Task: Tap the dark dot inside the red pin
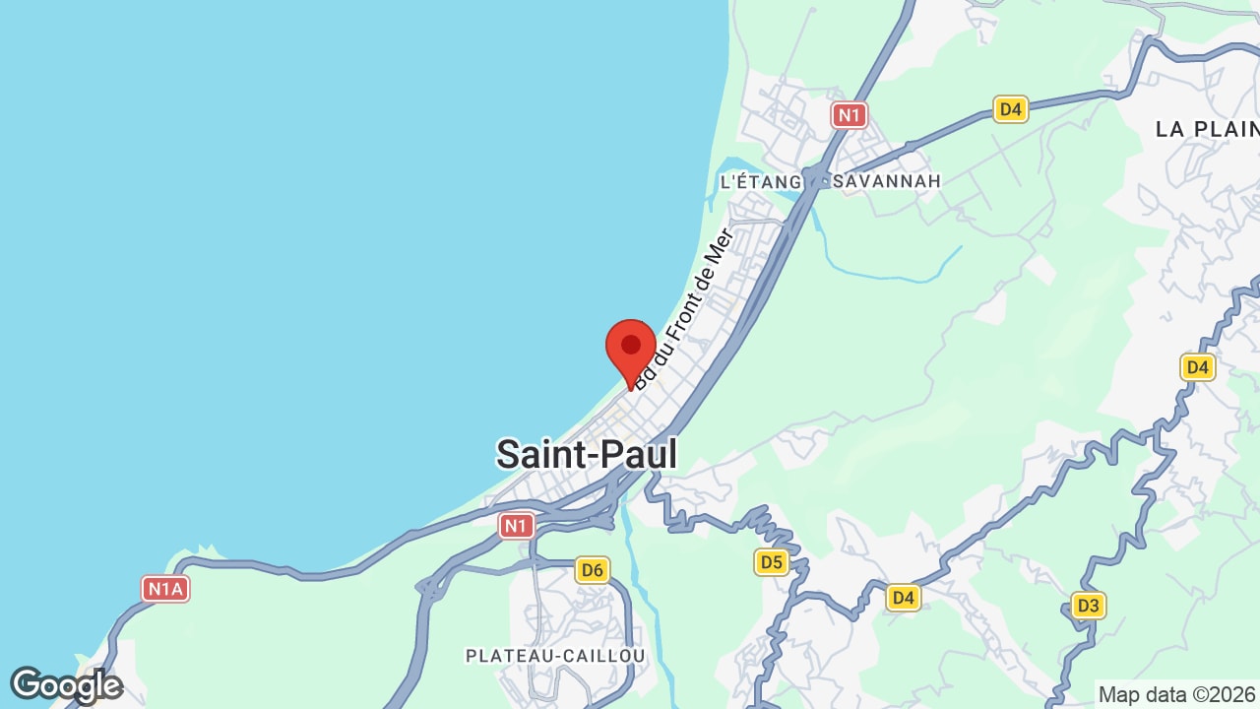click(x=631, y=345)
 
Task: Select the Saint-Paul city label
click(x=587, y=454)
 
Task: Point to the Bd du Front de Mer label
click(x=684, y=307)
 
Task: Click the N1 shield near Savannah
click(x=849, y=115)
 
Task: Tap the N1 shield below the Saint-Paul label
click(x=516, y=526)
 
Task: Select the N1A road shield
click(x=165, y=589)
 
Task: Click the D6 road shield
click(x=592, y=569)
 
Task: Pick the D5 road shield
click(x=772, y=562)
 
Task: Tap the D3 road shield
click(x=1088, y=605)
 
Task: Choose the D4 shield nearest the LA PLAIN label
click(x=1011, y=109)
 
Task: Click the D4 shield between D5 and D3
click(x=903, y=597)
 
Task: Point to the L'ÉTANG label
click(x=762, y=181)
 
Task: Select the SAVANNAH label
click(x=887, y=181)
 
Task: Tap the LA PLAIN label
click(x=1206, y=129)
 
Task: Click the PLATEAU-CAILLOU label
click(x=555, y=656)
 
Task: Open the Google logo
click(x=66, y=685)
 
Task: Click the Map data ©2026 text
click(x=1177, y=694)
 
